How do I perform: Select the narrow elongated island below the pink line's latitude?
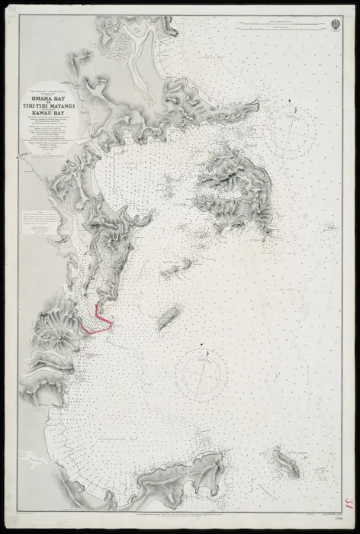pos(167,317)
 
